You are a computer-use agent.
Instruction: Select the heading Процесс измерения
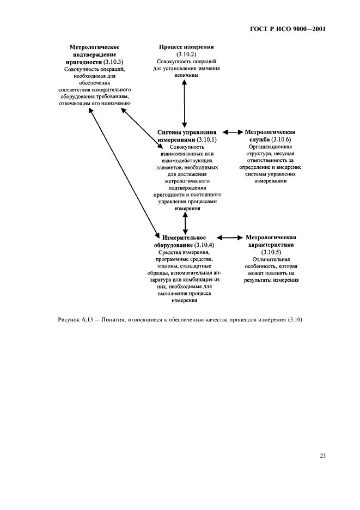(x=186, y=47)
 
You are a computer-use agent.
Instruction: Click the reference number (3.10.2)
(x=186, y=55)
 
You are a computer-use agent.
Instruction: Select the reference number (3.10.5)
(x=271, y=252)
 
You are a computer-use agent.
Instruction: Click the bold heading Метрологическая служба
(x=270, y=136)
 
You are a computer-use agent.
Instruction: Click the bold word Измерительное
(x=184, y=238)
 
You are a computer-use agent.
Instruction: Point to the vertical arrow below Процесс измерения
(x=185, y=102)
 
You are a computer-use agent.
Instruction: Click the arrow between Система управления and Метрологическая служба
(x=233, y=132)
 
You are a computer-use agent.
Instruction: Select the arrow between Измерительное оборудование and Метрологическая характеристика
(x=233, y=238)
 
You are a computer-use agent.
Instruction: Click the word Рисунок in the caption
(x=69, y=319)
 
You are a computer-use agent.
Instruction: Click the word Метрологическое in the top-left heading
(x=95, y=47)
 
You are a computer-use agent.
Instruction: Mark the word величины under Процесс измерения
(x=186, y=76)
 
